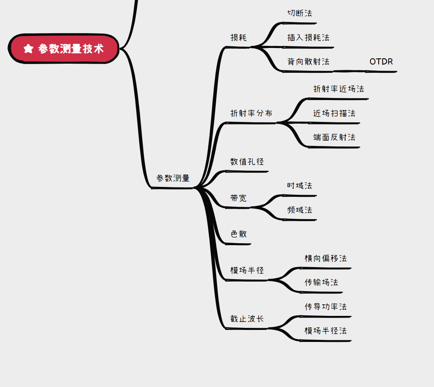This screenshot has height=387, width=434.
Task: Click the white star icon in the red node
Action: tap(28, 49)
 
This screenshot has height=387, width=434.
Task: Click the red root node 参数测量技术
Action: tap(64, 49)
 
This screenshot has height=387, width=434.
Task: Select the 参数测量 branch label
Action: tap(173, 178)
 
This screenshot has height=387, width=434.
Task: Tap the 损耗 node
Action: tap(238, 38)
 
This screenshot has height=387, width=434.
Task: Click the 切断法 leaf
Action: tap(300, 13)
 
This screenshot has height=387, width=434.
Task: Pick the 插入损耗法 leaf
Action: tap(308, 38)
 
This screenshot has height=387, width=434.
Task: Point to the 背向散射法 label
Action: tap(308, 62)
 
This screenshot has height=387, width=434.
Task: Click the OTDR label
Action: tap(381, 62)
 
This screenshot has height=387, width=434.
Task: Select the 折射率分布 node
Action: tap(251, 113)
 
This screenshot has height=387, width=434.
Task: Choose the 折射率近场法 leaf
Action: tap(338, 89)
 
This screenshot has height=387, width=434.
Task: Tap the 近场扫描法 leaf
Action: tap(334, 113)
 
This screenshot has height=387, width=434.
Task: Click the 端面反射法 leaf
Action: tap(334, 137)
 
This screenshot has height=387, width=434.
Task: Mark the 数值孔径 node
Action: tap(247, 162)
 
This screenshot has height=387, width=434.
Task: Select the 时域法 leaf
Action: tap(300, 186)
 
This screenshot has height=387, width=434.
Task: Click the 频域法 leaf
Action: tap(300, 210)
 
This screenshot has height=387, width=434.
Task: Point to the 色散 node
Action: tap(238, 234)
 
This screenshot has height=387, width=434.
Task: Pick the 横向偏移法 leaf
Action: tap(325, 258)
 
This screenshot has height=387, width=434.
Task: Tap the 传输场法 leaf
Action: tap(321, 282)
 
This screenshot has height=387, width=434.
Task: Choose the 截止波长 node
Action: tap(247, 319)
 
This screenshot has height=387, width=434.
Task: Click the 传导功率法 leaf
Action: tap(325, 307)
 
